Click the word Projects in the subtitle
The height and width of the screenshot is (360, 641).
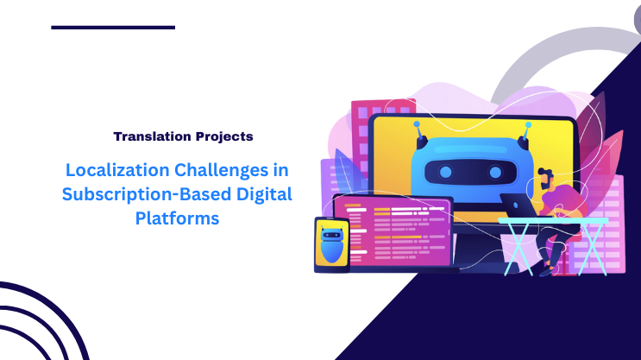coord(222,136)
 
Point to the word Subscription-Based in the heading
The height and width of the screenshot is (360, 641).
coord(135,194)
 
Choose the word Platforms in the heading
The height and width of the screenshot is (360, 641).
coord(177,219)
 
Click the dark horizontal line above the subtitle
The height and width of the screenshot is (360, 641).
coord(113,28)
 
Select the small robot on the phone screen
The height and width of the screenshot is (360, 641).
coord(331,243)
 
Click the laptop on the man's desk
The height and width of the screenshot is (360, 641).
coord(518,205)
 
